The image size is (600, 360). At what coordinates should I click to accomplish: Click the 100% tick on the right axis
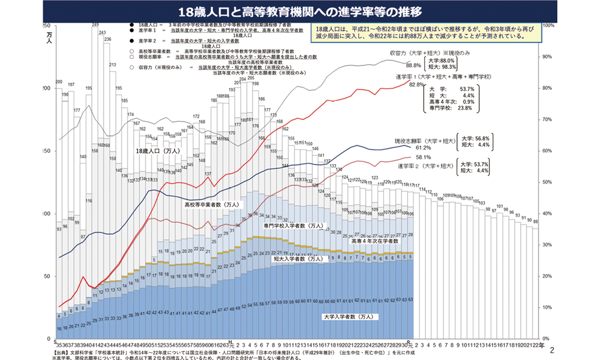click(x=548, y=26)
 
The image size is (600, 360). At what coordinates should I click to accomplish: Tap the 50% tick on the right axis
click(x=547, y=182)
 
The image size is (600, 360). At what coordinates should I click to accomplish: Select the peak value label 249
click(x=96, y=24)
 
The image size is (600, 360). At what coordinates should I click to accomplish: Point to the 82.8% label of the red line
click(x=416, y=84)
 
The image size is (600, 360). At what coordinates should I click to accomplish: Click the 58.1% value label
click(x=423, y=157)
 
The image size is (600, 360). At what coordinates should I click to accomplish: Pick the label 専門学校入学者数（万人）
click(x=293, y=226)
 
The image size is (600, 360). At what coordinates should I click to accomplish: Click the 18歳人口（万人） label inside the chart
click(x=158, y=152)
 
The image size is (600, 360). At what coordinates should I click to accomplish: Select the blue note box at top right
click(x=427, y=34)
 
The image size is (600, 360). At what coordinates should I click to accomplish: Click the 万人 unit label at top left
click(x=49, y=35)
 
